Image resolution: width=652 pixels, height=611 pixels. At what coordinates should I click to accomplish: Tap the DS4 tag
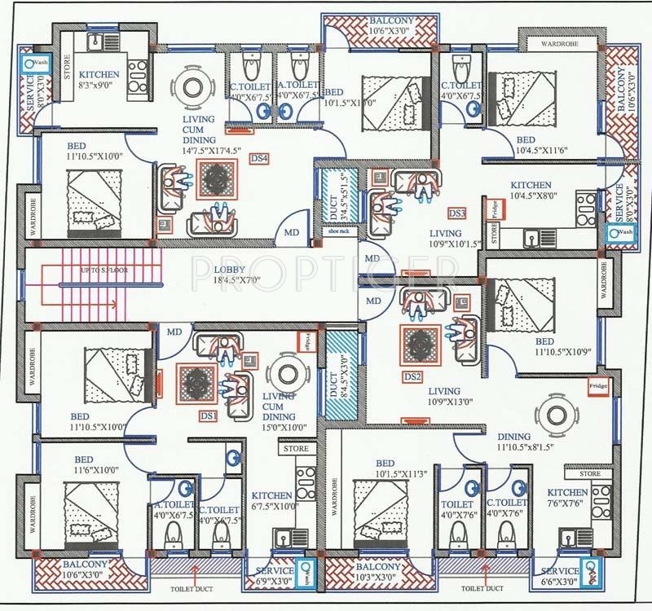260,158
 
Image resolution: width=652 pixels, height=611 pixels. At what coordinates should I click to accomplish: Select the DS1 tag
209,416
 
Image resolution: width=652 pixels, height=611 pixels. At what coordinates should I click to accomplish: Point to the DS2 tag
412,377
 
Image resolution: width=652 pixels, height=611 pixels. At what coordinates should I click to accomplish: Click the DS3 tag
456,213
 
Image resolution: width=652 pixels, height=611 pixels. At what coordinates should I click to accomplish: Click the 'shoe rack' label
337,231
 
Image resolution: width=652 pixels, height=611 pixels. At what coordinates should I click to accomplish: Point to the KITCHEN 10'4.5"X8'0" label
531,191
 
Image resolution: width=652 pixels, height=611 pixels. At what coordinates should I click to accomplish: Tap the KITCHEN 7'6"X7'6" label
567,498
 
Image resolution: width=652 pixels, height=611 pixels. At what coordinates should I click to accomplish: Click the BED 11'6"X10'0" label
95,465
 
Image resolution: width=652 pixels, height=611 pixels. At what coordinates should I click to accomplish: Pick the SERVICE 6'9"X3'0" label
275,576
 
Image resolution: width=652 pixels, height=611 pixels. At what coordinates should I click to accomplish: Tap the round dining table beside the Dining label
554,411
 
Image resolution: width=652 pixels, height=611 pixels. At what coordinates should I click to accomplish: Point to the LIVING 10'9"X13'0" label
443,396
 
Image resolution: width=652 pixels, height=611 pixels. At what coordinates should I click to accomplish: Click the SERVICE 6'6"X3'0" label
558,576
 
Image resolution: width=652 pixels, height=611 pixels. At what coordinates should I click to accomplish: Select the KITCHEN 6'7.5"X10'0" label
271,500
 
